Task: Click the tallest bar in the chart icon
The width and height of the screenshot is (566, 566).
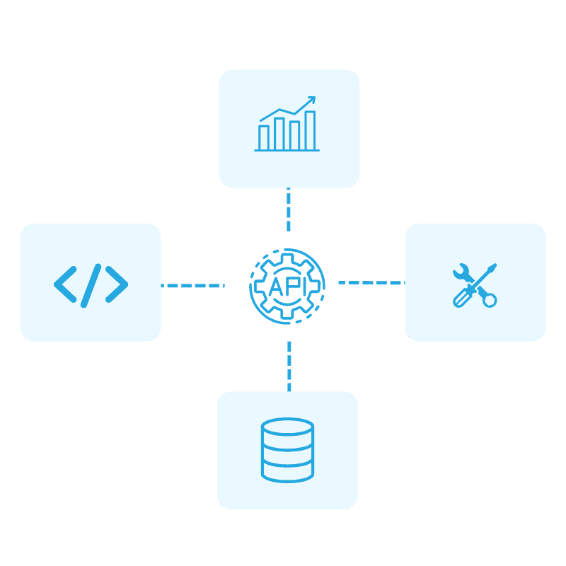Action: click(310, 130)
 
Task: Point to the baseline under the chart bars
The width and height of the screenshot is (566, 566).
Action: click(287, 150)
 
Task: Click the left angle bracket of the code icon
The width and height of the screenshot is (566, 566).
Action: click(65, 284)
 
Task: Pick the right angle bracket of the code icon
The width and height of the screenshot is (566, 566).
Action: click(117, 284)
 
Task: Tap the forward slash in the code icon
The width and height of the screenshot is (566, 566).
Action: click(91, 284)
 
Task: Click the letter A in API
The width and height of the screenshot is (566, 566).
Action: click(276, 287)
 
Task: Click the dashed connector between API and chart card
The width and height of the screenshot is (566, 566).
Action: click(288, 209)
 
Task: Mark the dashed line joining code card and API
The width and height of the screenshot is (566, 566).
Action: click(192, 286)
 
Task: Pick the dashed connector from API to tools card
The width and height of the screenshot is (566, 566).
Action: click(371, 282)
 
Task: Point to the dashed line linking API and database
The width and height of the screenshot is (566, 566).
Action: click(289, 365)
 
